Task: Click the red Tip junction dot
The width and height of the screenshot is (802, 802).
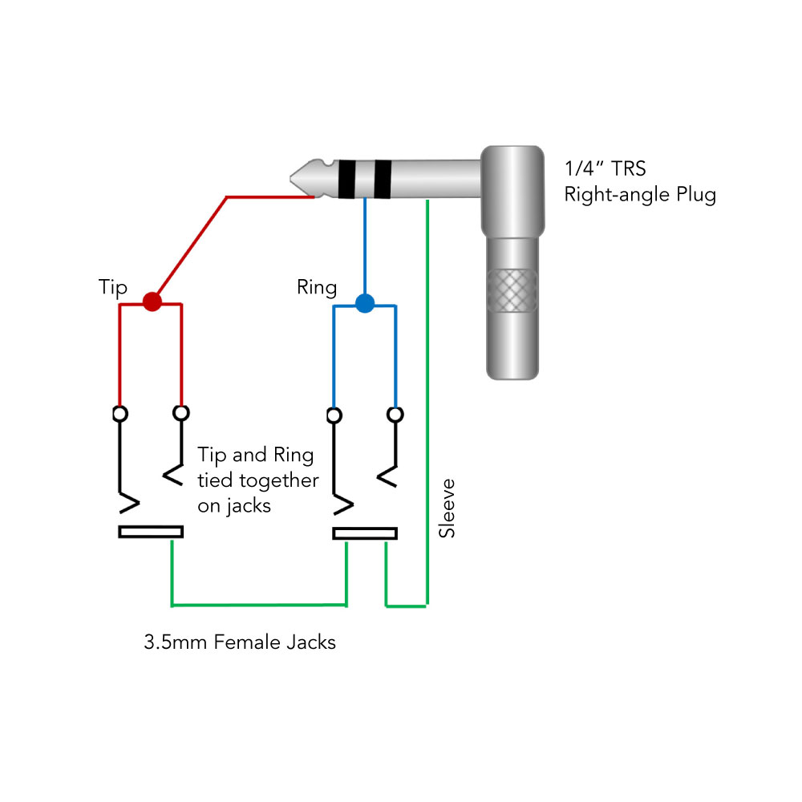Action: click(x=152, y=302)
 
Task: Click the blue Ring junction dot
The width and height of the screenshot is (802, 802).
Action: click(x=365, y=303)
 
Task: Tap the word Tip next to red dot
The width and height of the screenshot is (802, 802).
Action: click(x=112, y=287)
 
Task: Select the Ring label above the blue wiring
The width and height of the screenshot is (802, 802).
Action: click(x=317, y=287)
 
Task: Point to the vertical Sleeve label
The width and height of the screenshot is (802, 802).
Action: click(x=448, y=508)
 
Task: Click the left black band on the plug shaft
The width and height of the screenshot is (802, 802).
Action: click(x=346, y=179)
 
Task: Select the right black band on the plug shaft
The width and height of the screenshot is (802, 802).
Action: click(x=383, y=179)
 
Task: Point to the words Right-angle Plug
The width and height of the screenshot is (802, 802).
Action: click(x=640, y=194)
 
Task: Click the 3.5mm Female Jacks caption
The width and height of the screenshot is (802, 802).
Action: click(x=240, y=642)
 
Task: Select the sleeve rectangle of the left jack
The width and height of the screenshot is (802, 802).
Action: click(x=151, y=532)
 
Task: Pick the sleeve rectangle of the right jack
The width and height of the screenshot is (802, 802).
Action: click(x=365, y=533)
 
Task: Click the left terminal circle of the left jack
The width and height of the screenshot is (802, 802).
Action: click(x=120, y=414)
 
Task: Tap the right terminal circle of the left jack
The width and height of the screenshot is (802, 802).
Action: click(x=182, y=413)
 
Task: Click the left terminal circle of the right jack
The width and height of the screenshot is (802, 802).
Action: click(x=334, y=415)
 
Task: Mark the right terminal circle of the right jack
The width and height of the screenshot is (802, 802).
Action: click(x=395, y=414)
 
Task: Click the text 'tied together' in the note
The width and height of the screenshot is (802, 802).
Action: click(x=257, y=481)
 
